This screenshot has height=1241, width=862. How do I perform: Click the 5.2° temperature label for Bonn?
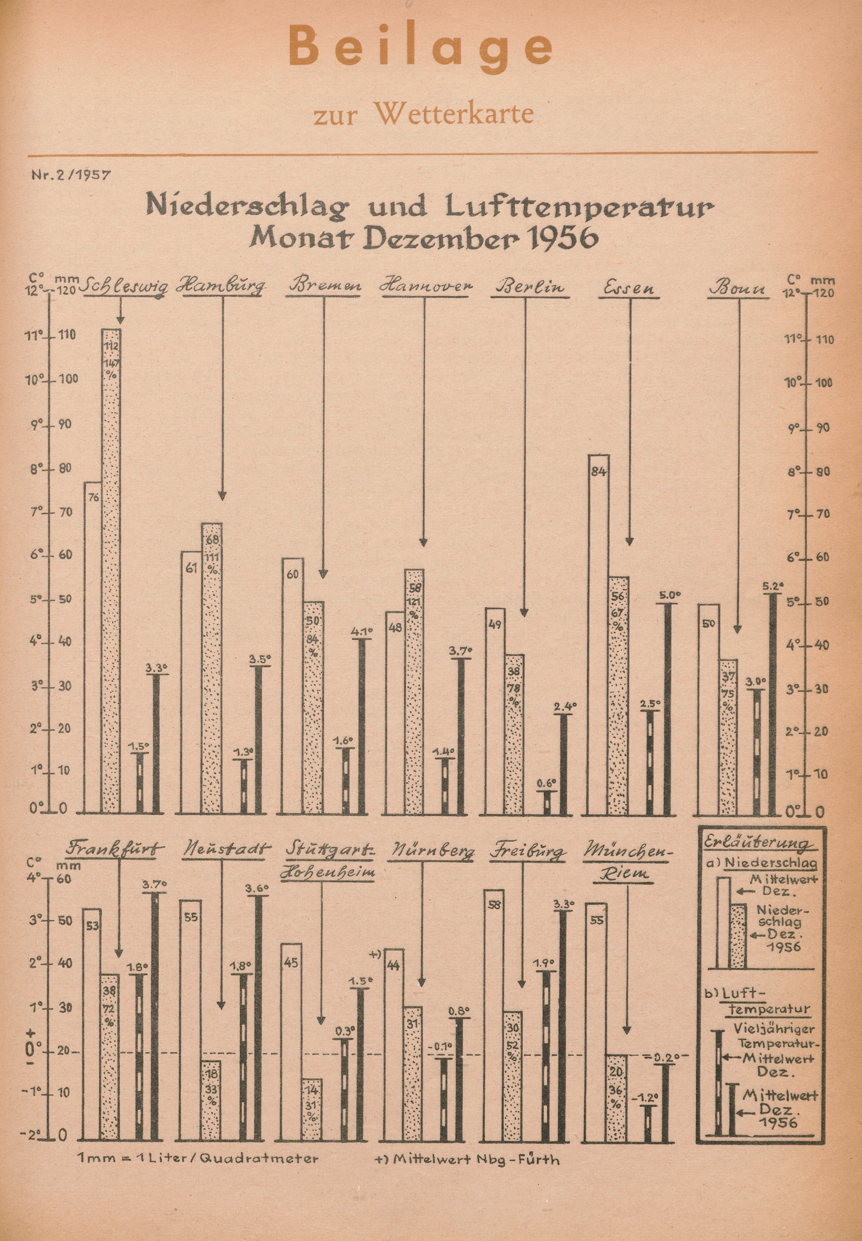click(773, 585)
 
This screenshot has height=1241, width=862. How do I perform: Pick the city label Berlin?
click(530, 286)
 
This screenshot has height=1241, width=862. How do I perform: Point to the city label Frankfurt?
click(115, 847)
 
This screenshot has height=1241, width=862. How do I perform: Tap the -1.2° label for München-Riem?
click(647, 1098)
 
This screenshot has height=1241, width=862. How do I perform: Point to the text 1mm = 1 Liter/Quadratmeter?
click(198, 1158)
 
